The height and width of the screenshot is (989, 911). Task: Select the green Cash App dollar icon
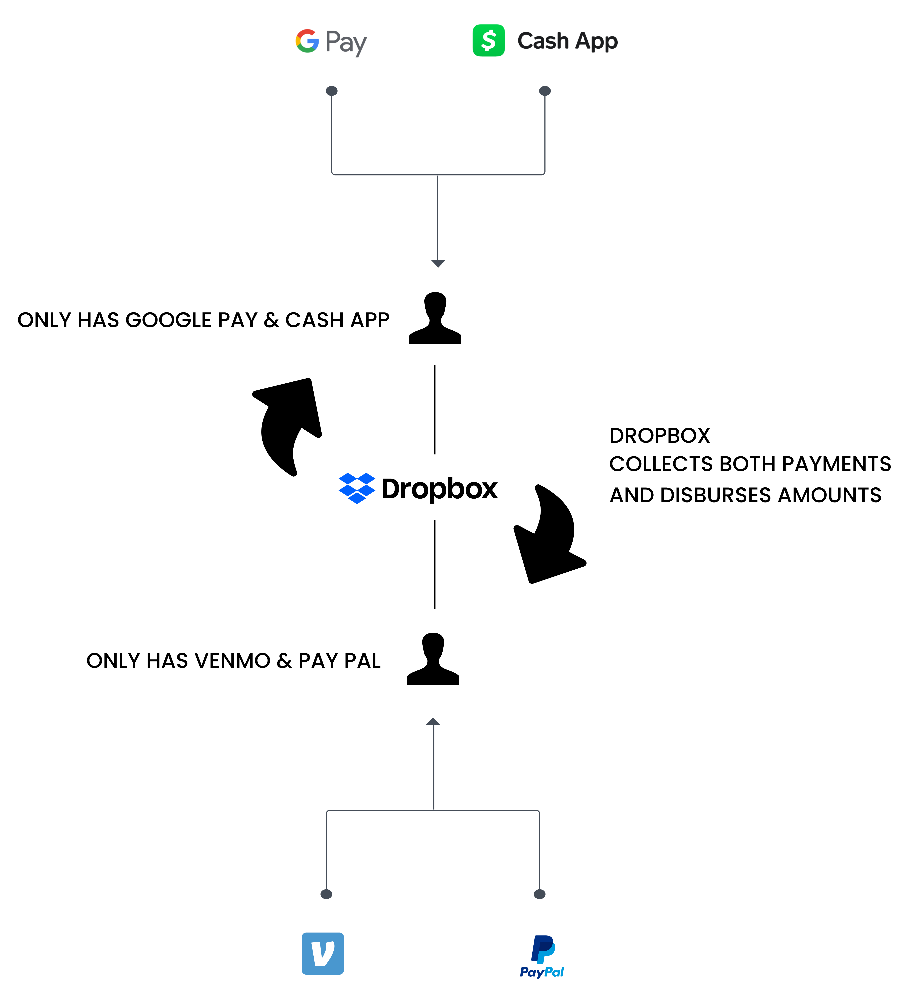click(488, 40)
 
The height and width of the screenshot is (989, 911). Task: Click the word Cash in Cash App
click(543, 41)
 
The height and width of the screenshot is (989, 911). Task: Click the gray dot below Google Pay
click(332, 91)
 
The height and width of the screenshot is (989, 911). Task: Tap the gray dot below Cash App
click(545, 91)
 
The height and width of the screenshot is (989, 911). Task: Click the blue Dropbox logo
click(357, 488)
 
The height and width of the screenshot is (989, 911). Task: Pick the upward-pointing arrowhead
click(433, 722)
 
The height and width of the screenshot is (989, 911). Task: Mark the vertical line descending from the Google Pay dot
click(332, 133)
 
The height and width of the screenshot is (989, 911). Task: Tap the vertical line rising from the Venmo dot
click(326, 851)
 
